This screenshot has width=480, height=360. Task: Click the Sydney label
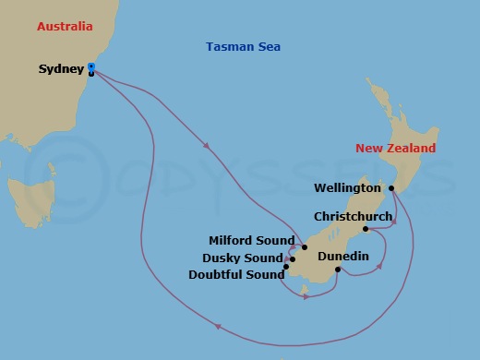tap(60, 69)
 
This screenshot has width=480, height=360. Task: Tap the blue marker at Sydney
tap(91, 66)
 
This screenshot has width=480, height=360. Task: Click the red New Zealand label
tap(395, 149)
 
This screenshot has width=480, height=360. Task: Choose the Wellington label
tap(347, 188)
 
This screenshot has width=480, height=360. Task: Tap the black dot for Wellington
tap(391, 188)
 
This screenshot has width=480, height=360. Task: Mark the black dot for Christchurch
tap(366, 229)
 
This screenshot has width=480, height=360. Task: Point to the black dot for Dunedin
tap(338, 270)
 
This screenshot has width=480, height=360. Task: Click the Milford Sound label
tap(251, 241)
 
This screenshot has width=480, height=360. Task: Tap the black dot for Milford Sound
tap(304, 247)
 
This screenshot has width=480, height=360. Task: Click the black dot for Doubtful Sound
tap(286, 268)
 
